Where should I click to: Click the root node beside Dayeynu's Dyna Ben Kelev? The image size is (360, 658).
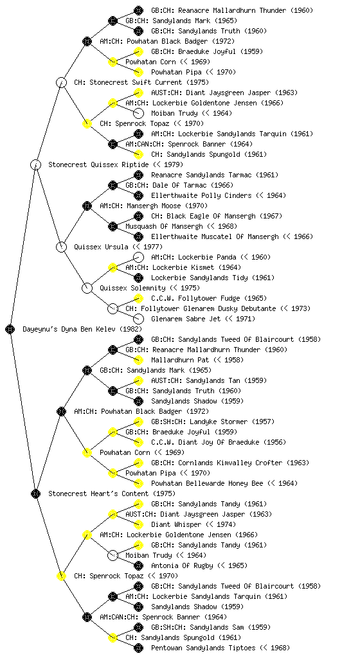pyautogui.click(x=10, y=329)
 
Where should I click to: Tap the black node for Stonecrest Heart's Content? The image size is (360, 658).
pyautogui.click(x=35, y=493)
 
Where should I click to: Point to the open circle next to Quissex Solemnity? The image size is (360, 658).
pyautogui.click(x=87, y=288)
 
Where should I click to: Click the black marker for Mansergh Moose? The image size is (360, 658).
pyautogui.click(x=87, y=206)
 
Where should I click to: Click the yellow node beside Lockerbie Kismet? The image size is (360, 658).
pyautogui.click(x=113, y=267)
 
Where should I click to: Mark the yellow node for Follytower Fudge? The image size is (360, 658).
pyautogui.click(x=138, y=298)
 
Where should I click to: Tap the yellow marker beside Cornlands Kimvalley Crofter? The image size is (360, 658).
pyautogui.click(x=138, y=463)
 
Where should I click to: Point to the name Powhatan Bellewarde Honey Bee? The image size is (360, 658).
pyautogui.click(x=207, y=483)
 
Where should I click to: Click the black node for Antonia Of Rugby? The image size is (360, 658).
pyautogui.click(x=138, y=565)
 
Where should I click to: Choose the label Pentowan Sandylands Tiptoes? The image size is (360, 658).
pyautogui.click(x=203, y=648)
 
